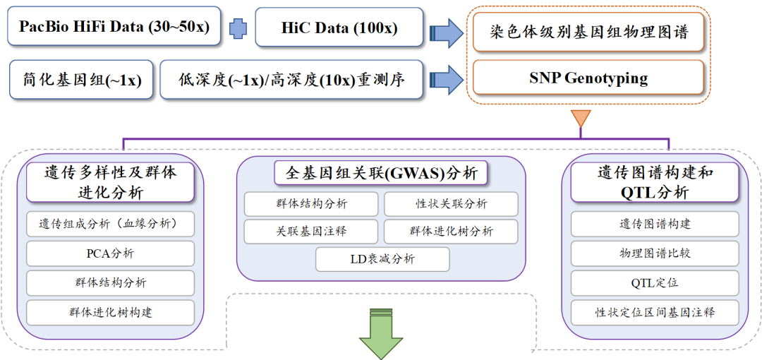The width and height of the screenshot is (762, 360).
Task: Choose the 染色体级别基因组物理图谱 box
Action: click(588, 32)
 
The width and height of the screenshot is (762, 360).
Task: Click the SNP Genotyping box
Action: click(588, 78)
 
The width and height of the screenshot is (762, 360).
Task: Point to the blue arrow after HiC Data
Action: click(445, 30)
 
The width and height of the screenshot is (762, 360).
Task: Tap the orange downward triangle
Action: click(580, 117)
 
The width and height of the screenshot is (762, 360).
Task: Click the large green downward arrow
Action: click(381, 335)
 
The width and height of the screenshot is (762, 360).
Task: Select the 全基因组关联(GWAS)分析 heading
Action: click(381, 172)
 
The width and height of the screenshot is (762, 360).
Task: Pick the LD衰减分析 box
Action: click(382, 259)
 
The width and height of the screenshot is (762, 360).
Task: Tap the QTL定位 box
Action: click(654, 282)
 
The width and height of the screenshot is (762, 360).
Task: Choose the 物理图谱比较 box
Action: click(654, 253)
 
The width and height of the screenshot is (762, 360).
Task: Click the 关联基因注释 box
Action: click(311, 231)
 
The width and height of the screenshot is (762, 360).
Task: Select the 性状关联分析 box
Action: click(451, 204)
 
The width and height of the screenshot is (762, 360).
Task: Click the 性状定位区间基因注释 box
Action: click(654, 312)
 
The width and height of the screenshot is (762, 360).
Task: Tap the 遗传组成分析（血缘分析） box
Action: click(110, 224)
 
